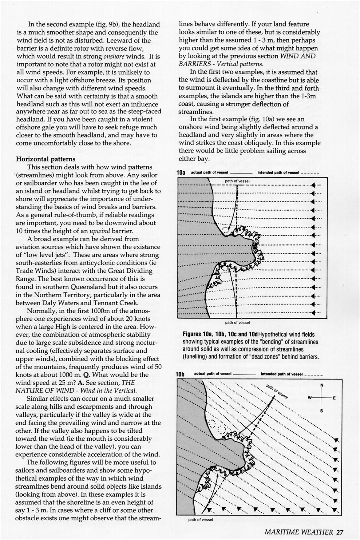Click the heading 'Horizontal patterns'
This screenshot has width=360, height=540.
coord(45,159)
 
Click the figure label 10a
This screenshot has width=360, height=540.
coord(181,173)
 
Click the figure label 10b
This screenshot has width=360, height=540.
coord(180,374)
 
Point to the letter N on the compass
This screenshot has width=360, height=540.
coord(322,385)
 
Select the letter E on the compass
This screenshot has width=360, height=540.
coord(334,398)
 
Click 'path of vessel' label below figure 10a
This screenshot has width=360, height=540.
coord(237,323)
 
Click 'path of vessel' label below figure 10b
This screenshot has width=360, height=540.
coord(200,520)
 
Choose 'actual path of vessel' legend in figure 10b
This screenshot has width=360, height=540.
coord(212,374)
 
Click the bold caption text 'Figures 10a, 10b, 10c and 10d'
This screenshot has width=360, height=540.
coord(220,334)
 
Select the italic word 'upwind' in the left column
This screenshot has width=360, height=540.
coord(99,231)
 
